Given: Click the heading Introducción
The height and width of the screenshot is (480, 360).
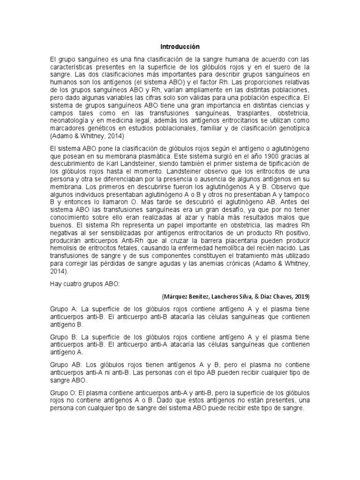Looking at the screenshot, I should click(x=180, y=47).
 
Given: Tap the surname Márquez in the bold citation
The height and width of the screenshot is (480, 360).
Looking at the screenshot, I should click(x=175, y=297).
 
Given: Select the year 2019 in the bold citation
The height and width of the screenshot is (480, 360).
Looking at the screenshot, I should click(x=300, y=297).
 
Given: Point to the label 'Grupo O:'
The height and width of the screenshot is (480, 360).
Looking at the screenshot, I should click(x=63, y=392).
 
